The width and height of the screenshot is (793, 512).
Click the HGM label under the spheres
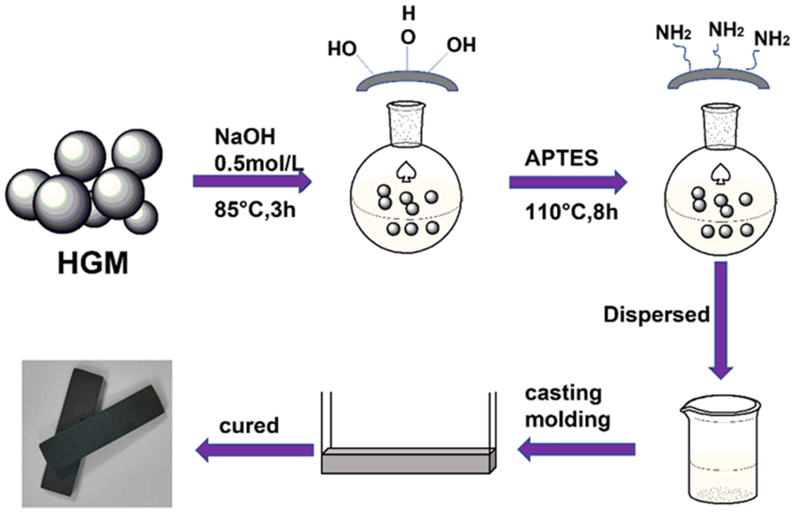(93, 263)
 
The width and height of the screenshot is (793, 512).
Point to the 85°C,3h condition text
(255, 210)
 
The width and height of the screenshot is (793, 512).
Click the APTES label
(561, 158)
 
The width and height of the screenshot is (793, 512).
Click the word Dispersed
(657, 314)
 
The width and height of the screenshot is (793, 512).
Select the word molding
(568, 420)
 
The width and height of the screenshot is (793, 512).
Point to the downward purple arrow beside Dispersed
(721, 319)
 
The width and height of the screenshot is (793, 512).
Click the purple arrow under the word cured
(255, 450)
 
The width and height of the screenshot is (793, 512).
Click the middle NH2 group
(726, 31)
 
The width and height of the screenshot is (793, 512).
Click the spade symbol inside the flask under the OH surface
(406, 172)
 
